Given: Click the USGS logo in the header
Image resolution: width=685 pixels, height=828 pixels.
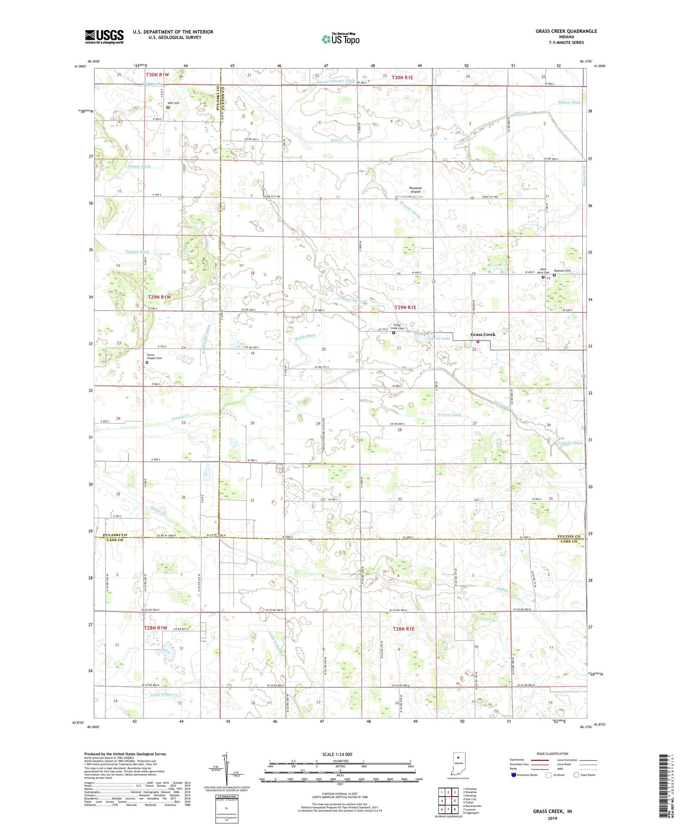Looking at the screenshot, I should pyautogui.click(x=104, y=37).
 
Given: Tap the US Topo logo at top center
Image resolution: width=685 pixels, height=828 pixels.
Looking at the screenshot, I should pyautogui.click(x=340, y=39).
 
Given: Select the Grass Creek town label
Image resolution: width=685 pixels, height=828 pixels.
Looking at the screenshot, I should pyautogui.click(x=483, y=334).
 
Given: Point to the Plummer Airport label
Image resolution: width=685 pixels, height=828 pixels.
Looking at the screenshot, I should pyautogui.click(x=415, y=190).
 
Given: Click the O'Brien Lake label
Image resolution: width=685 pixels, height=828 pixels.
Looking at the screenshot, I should pyautogui.click(x=438, y=338).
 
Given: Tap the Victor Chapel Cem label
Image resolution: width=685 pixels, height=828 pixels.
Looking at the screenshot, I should pyautogui.click(x=154, y=356).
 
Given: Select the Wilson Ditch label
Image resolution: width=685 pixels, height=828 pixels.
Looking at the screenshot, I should pyautogui.click(x=569, y=102).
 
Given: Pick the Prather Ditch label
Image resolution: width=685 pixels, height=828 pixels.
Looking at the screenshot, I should pyautogui.click(x=137, y=252).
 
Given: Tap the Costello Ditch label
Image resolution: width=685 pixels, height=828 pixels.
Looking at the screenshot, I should pyautogui.click(x=570, y=443).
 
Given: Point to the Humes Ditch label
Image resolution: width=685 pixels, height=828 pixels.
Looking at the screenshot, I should pyautogui.click(x=139, y=166).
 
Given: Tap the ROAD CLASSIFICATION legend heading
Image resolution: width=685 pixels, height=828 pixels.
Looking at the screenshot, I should pyautogui.click(x=553, y=754).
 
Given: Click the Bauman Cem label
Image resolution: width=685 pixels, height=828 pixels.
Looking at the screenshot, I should pyautogui.click(x=562, y=271).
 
